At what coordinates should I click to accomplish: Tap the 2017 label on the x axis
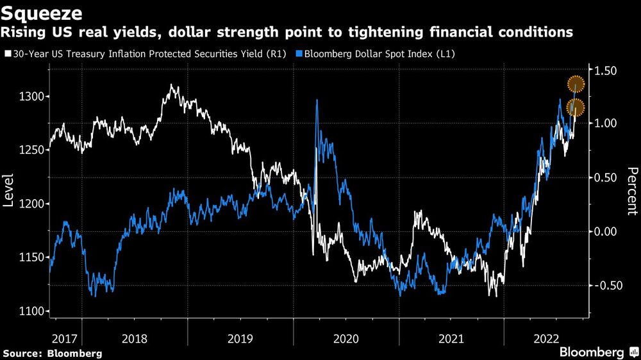pos(65,337)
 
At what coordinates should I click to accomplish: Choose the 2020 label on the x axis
pos(345,337)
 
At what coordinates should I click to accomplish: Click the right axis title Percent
pos(631,191)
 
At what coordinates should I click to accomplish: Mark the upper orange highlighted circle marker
pos(576,84)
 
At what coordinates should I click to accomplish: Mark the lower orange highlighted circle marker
pos(576,108)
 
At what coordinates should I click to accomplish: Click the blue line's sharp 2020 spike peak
pos(317,101)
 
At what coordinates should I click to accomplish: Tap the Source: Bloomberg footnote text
pos(53,353)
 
